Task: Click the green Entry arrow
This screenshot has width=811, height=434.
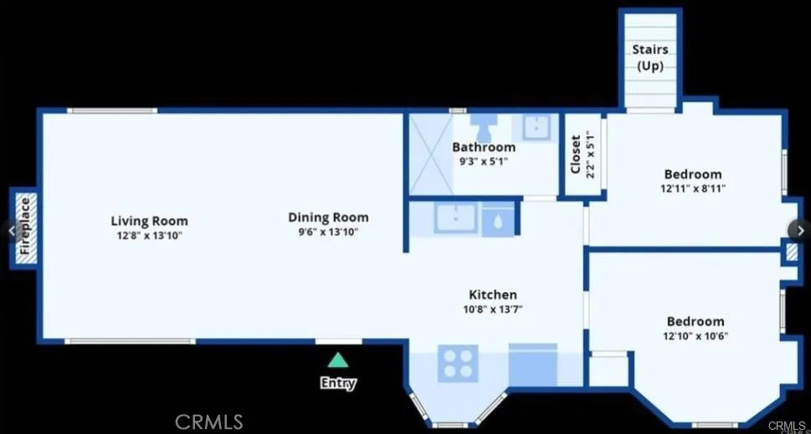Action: click(338, 360)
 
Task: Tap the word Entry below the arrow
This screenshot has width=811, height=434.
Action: click(338, 383)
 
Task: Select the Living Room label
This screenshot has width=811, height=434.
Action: click(150, 221)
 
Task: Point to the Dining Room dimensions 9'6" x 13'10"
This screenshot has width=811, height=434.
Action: click(328, 232)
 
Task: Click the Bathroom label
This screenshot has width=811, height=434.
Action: click(484, 147)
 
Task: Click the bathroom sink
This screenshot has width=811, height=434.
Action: click(536, 127)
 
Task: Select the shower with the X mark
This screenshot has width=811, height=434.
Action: click(431, 154)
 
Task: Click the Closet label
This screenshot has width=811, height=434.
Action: click(576, 154)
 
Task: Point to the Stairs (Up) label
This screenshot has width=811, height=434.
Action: click(650, 58)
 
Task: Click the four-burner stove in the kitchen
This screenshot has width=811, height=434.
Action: click(458, 363)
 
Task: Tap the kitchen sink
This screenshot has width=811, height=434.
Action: click(455, 218)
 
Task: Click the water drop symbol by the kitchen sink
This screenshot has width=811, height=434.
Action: click(498, 221)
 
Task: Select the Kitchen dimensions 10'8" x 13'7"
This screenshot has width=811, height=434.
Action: click(492, 309)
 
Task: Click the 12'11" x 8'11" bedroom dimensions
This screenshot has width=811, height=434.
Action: click(692, 189)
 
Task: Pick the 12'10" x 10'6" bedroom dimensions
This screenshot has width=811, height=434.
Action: click(696, 336)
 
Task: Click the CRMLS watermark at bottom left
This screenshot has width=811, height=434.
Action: click(209, 422)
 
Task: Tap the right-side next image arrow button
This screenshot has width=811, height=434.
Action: click(799, 231)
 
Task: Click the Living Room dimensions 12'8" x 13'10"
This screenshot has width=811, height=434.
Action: click(150, 236)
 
